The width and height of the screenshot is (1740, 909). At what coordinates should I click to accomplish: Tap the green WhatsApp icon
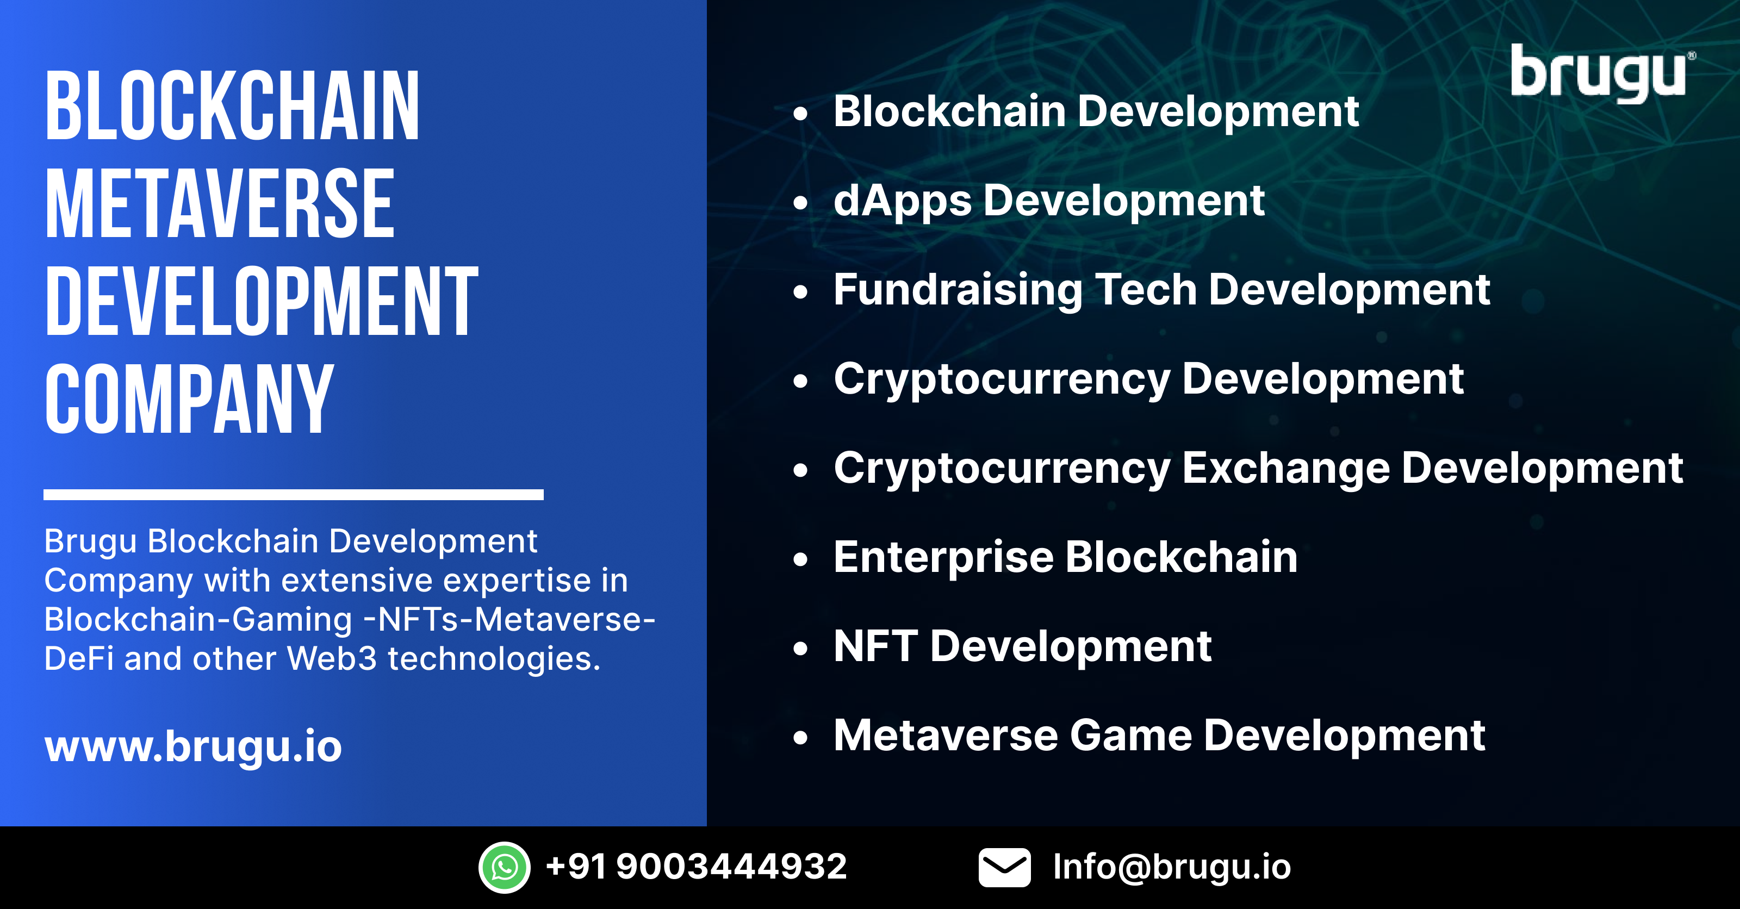504,867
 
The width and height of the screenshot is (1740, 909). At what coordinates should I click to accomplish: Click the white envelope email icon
1004,867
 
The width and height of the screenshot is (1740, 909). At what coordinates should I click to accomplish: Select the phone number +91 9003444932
696,867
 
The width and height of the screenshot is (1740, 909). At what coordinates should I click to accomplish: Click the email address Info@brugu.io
1171,867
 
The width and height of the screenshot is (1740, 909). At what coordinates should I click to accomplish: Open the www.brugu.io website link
193,746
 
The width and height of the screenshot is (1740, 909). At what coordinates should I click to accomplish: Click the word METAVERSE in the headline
220,204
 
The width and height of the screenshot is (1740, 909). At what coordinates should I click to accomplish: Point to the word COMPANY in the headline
189,399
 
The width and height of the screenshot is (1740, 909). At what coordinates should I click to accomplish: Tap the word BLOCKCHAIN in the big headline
232,107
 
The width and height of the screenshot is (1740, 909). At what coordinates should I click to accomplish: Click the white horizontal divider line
293,494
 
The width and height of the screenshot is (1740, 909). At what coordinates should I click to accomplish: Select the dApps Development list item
1048,201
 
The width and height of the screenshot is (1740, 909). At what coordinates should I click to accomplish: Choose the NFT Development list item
1022,646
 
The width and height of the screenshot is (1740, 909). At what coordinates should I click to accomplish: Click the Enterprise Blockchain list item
1065,557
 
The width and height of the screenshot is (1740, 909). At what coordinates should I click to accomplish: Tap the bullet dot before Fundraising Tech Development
800,292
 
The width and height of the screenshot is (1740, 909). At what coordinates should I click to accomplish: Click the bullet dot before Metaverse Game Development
800,737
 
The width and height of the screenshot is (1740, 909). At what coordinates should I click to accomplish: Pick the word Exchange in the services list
1285,468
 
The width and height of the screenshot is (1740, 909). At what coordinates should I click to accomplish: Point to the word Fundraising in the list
957,290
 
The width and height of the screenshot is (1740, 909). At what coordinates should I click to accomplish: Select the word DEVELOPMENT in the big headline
262,301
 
